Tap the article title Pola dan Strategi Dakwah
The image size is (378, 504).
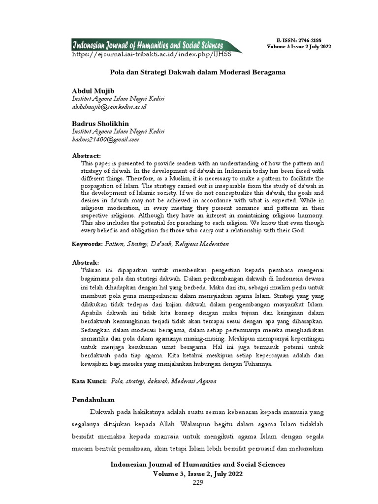tap(197, 72)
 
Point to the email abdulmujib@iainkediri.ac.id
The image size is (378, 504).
tap(110, 107)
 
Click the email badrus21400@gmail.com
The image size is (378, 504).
tap(105, 139)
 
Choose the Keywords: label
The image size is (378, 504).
tap(88, 244)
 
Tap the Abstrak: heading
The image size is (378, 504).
tap(86, 262)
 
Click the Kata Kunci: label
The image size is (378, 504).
tap(89, 381)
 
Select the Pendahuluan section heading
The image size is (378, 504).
tap(93, 400)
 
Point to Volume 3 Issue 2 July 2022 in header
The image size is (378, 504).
tap(299, 47)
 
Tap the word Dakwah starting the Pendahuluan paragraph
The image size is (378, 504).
tap(101, 412)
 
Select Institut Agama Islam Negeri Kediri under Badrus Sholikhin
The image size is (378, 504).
tap(118, 131)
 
